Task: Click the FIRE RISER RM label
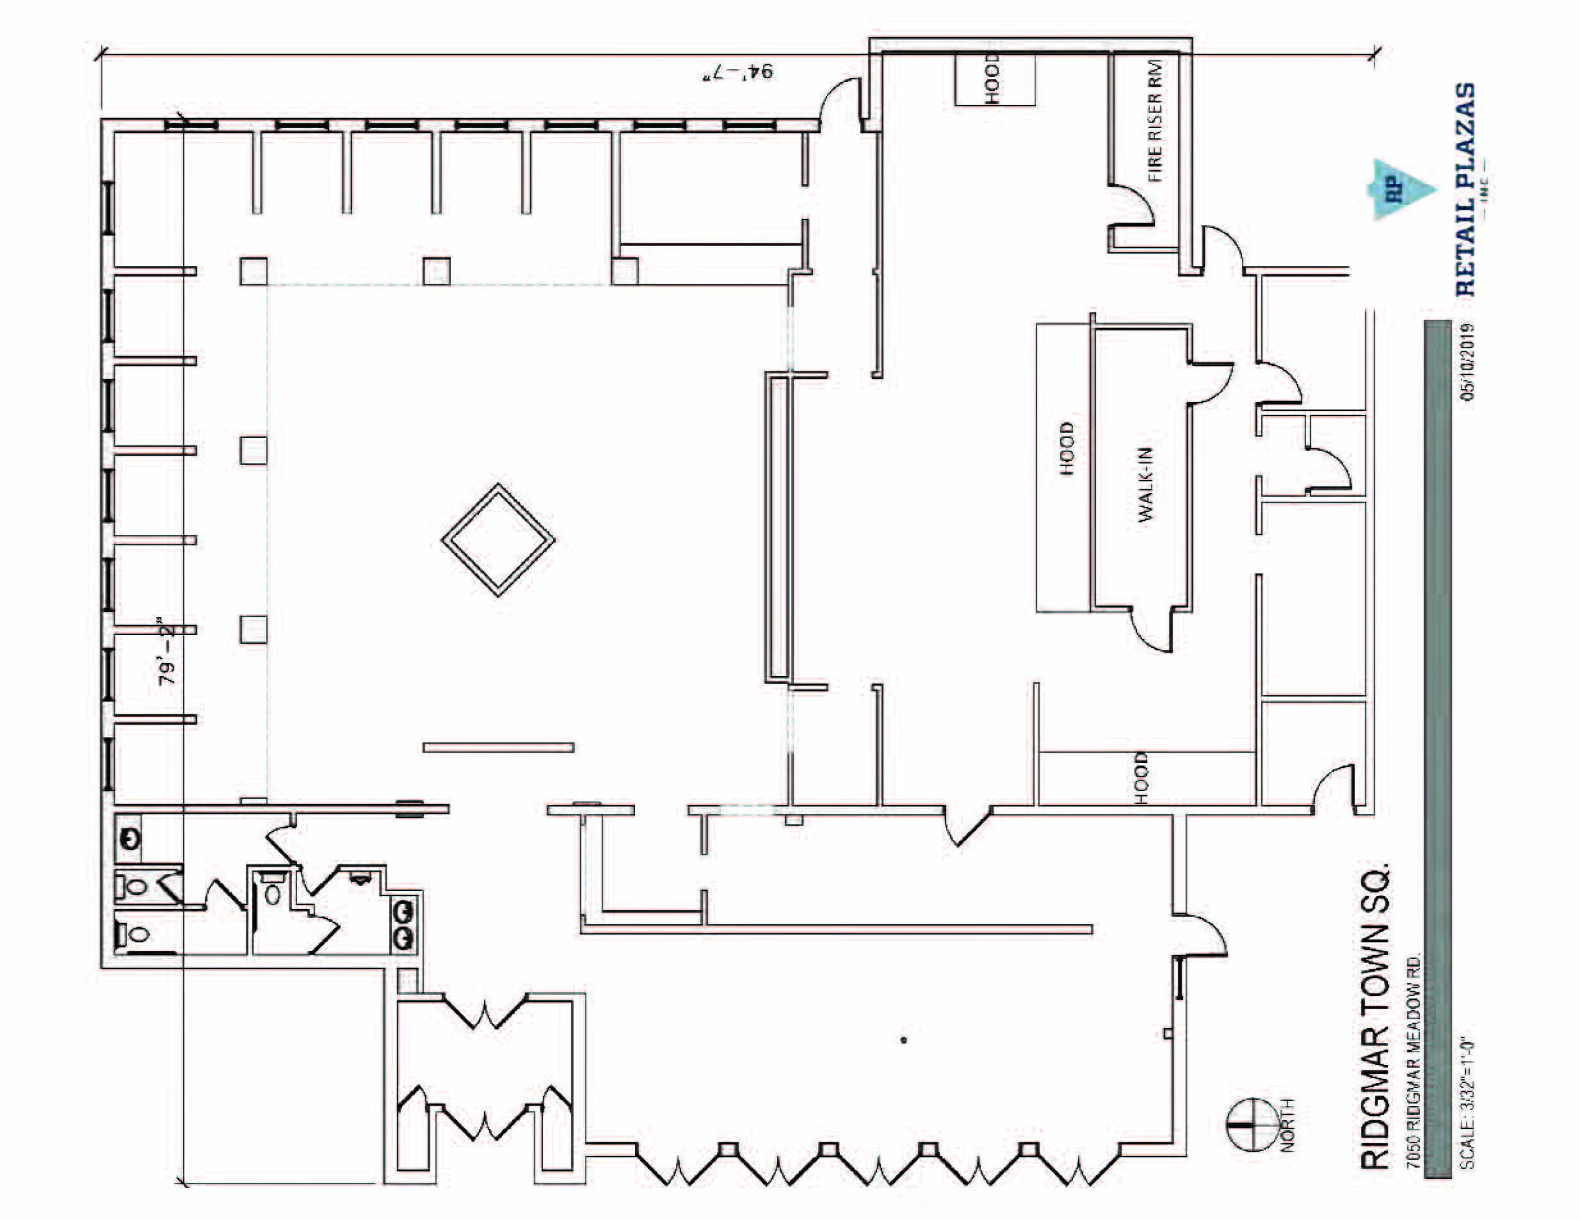point(1155,120)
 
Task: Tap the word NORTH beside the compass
point(1288,1125)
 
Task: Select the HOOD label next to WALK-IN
point(1067,448)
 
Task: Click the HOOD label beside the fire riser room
point(992,78)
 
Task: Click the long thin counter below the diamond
point(498,747)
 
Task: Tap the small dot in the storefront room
point(903,1040)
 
